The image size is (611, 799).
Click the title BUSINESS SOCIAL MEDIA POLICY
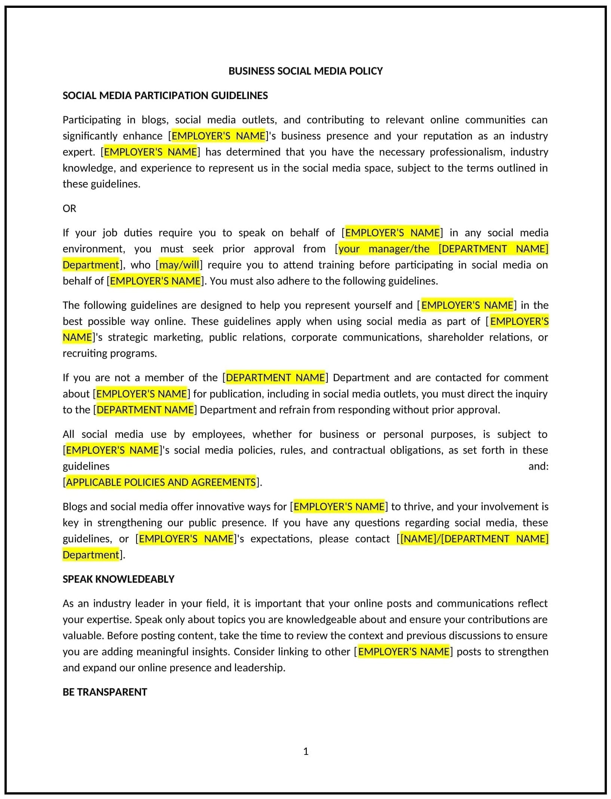click(x=305, y=71)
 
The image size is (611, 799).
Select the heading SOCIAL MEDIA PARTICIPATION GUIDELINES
click(x=165, y=96)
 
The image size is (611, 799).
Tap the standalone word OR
click(x=69, y=209)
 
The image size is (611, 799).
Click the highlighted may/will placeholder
click(x=179, y=265)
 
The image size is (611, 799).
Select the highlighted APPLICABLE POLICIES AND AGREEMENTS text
click(x=161, y=482)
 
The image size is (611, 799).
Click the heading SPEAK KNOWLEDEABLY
click(x=118, y=579)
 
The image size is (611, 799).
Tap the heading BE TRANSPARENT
click(x=105, y=692)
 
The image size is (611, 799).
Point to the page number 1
click(x=306, y=751)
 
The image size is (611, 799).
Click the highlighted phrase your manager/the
click(x=384, y=249)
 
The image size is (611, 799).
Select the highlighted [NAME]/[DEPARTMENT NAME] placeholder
click(x=474, y=539)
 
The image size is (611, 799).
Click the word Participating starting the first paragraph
click(x=92, y=120)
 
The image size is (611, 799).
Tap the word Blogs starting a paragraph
click(x=75, y=507)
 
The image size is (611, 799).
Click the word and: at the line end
click(x=538, y=466)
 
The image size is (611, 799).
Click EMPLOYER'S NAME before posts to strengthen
click(x=403, y=652)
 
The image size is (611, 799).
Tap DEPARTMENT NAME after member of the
click(x=275, y=378)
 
